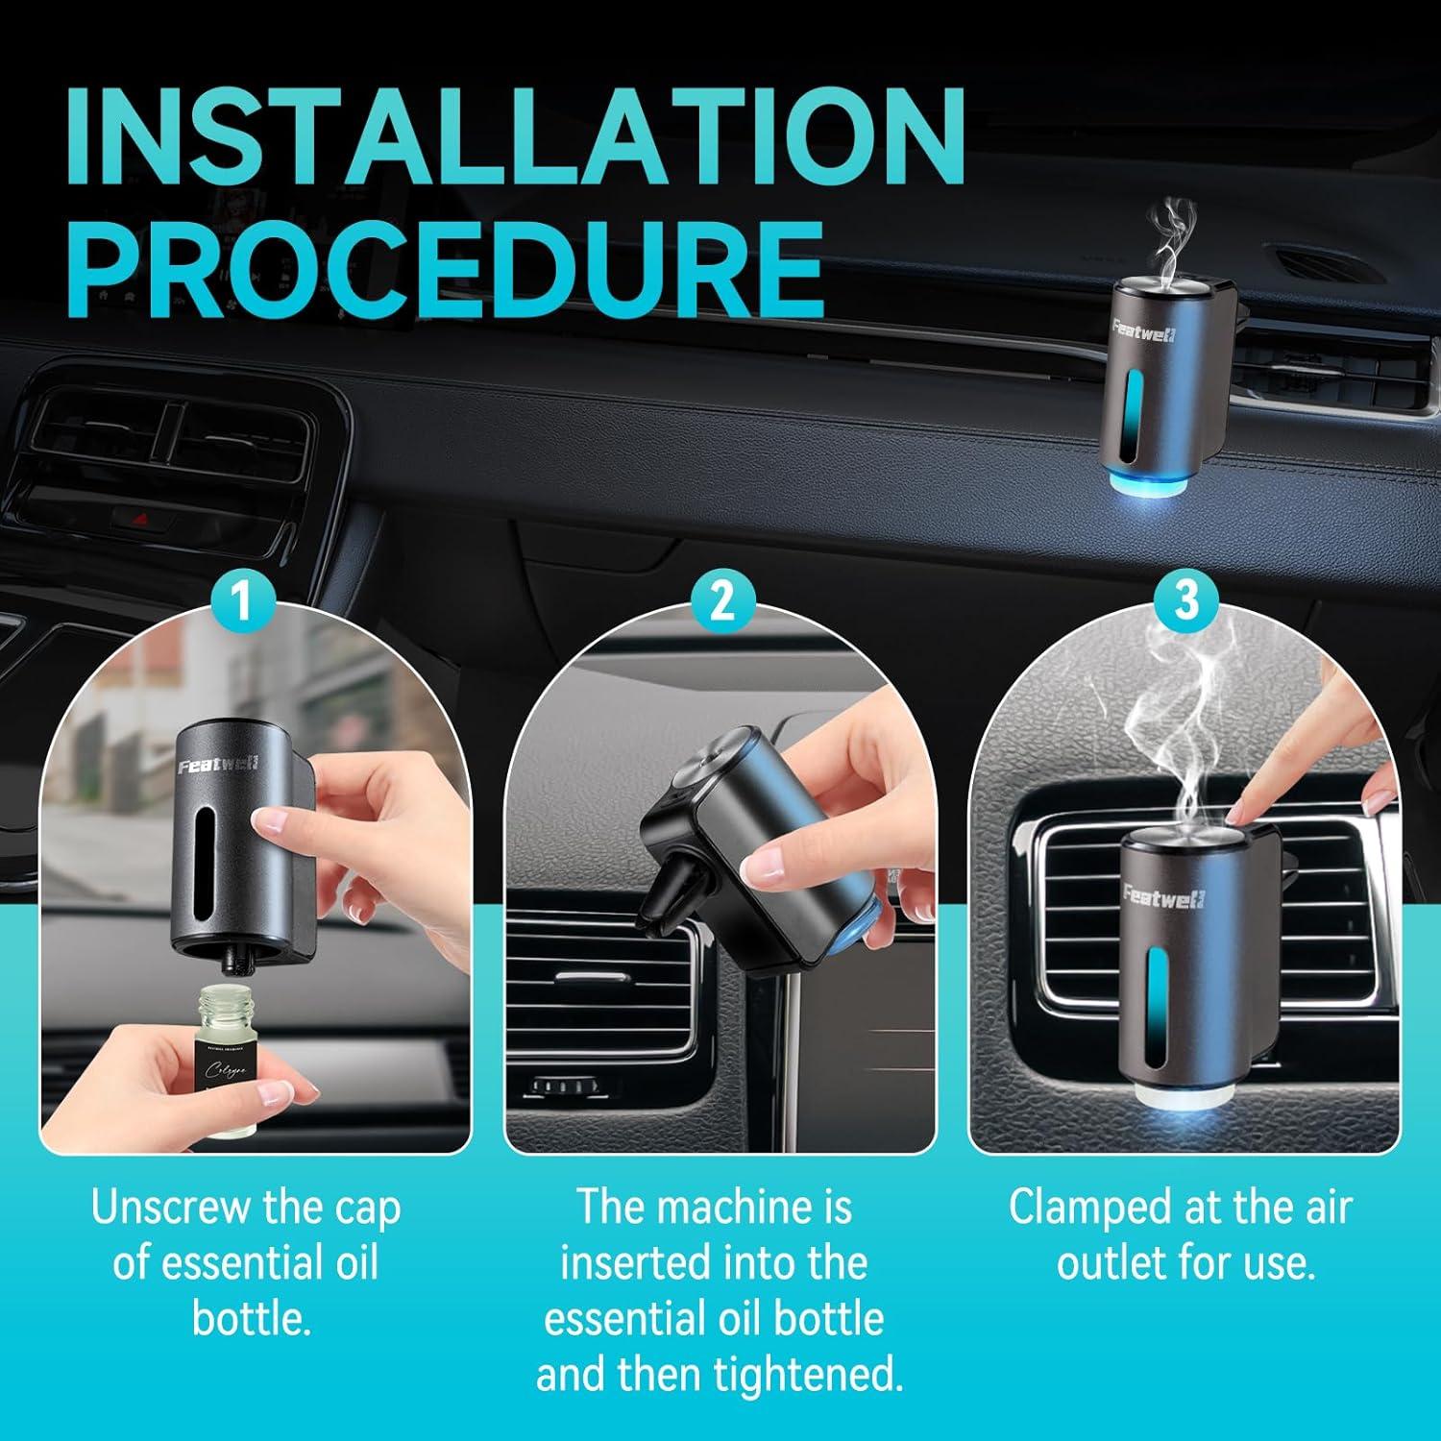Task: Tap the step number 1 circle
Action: pos(242,600)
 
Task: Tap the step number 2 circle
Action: pos(721,600)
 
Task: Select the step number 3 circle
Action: pos(1187,600)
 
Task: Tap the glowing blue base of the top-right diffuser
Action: pos(1153,480)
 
